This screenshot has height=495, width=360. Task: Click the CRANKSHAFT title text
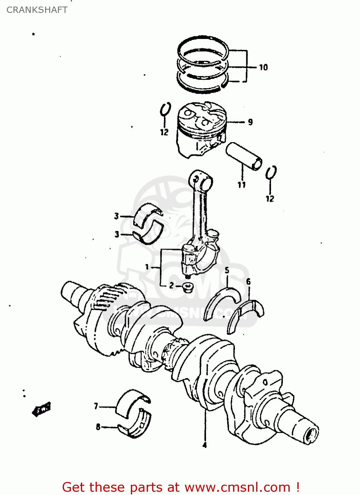(37, 10)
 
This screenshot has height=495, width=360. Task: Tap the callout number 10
(263, 68)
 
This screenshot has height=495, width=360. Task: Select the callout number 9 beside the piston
(250, 122)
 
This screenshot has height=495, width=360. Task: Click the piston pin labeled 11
(244, 156)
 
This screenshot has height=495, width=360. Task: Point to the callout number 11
(242, 185)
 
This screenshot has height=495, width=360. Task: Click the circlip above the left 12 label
(165, 109)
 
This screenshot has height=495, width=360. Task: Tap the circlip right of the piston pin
(271, 172)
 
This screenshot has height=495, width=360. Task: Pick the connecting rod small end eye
(200, 180)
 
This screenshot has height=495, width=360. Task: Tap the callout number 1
(147, 267)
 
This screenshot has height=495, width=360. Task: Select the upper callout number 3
(116, 216)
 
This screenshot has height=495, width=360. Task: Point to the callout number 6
(248, 281)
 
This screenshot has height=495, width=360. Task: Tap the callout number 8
(98, 427)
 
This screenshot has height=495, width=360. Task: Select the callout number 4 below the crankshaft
(204, 445)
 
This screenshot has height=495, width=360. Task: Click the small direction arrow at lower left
(41, 410)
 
